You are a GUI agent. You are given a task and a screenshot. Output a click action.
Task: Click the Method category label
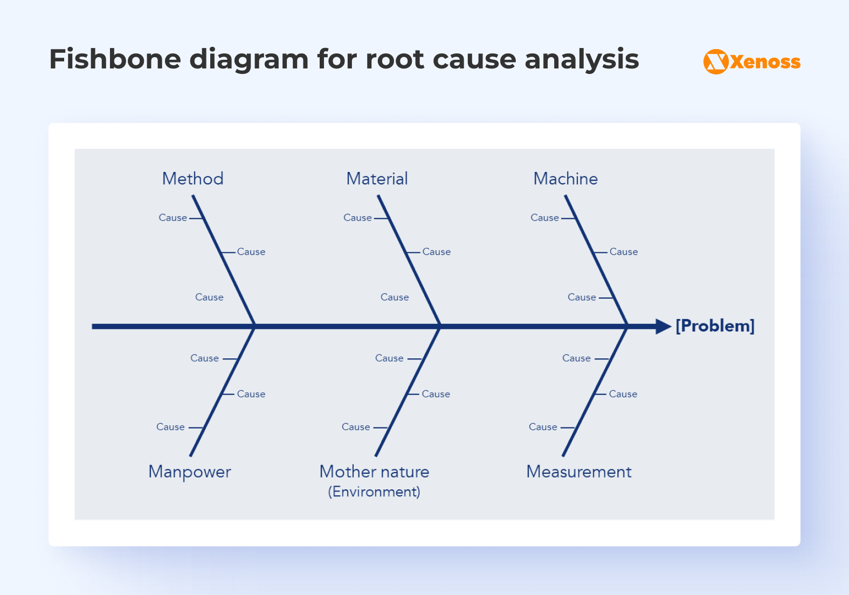coord(192,178)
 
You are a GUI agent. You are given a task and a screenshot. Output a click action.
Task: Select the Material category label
coord(377,178)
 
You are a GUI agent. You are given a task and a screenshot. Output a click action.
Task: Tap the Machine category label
coord(565,178)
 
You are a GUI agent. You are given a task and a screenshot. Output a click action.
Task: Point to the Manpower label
coord(190,472)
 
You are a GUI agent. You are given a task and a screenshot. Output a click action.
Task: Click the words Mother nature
coord(374,472)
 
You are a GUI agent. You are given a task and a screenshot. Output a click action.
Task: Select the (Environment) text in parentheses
coord(374,492)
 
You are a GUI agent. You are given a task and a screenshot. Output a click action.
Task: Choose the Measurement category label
coord(579,472)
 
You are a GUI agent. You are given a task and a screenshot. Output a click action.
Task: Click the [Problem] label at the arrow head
coord(715,326)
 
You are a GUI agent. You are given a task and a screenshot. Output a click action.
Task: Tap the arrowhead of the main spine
coord(663,327)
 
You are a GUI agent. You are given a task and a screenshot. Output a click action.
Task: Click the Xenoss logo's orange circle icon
coord(716,61)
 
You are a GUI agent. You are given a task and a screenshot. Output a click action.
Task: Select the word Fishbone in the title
coord(115,59)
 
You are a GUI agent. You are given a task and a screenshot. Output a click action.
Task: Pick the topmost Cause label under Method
coord(172,218)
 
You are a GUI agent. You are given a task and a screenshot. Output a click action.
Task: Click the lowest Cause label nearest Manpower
coord(170,427)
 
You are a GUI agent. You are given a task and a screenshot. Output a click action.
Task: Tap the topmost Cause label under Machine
coord(544,218)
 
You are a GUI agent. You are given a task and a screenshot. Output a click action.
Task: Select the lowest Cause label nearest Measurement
coord(543,427)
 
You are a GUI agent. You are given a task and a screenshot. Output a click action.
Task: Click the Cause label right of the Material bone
coord(436,252)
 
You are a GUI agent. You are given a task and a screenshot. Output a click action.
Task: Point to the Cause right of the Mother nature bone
coord(436,394)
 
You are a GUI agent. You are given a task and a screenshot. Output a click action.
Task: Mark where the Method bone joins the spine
coord(254,326)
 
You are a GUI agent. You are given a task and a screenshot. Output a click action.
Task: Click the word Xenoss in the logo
coord(765,62)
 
